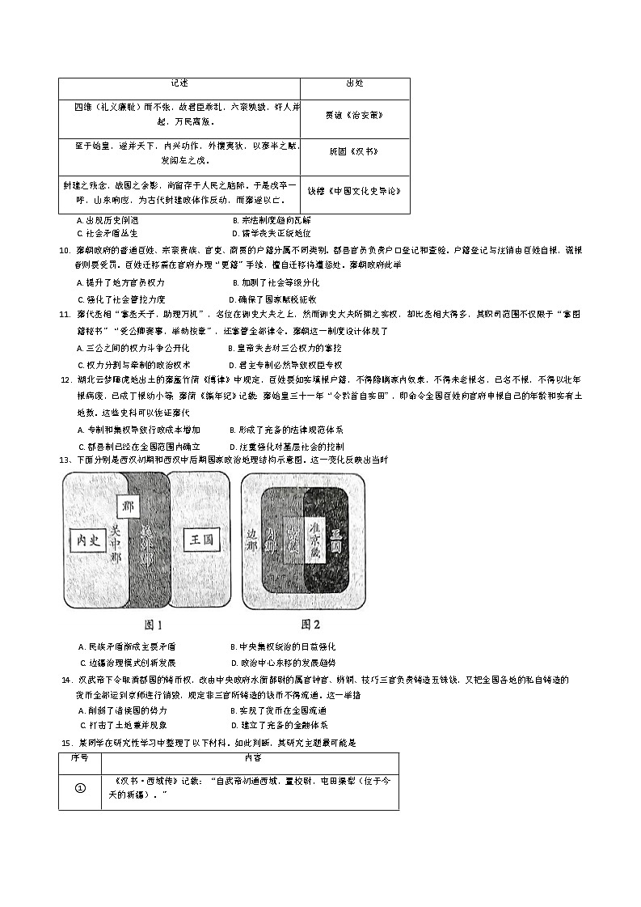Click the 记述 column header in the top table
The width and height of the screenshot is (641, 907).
point(179,83)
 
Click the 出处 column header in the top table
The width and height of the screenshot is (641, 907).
point(354,83)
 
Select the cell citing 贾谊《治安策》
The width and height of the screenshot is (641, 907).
point(354,114)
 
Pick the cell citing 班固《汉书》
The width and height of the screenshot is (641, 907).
point(354,151)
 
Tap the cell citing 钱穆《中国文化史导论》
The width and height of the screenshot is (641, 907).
point(354,192)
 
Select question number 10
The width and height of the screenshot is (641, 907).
point(64,251)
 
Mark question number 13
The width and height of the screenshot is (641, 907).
point(64,460)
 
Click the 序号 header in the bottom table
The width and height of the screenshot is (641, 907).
point(79,758)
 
